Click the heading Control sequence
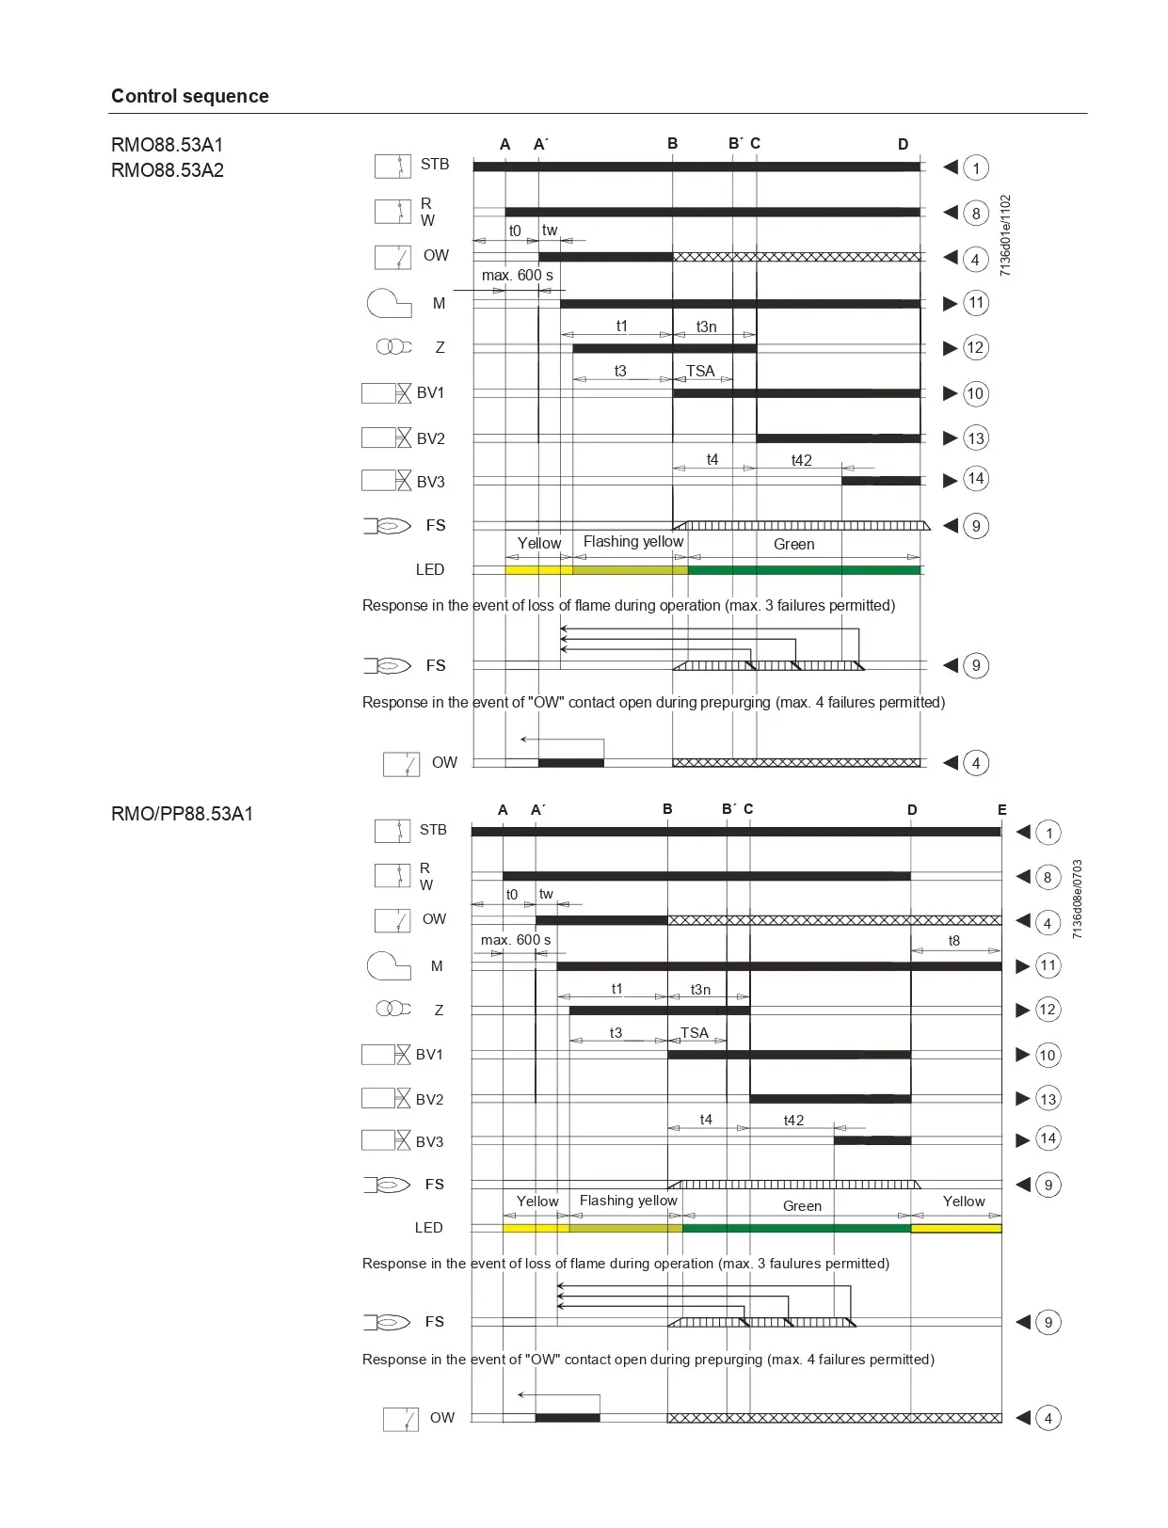(x=189, y=96)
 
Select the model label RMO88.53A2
(x=168, y=170)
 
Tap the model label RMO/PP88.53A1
(x=182, y=814)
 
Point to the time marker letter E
(x=1001, y=809)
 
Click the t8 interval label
(x=953, y=941)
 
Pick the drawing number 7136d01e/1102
(x=1005, y=235)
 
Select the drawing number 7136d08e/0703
(x=1078, y=899)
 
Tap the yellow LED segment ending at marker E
(x=955, y=1228)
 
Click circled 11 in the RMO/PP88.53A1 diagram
(x=1048, y=965)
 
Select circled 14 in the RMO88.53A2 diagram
(x=976, y=479)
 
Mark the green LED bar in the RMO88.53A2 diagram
(x=804, y=570)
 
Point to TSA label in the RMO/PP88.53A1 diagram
(x=695, y=1032)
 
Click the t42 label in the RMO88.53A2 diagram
(x=801, y=460)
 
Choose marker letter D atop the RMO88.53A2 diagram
(x=903, y=144)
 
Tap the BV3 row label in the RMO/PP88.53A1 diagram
(x=429, y=1141)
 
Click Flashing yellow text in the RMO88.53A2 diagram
(x=632, y=542)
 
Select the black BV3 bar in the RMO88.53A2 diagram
(x=880, y=481)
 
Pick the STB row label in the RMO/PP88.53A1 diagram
(x=433, y=830)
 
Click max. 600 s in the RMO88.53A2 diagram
(x=517, y=276)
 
